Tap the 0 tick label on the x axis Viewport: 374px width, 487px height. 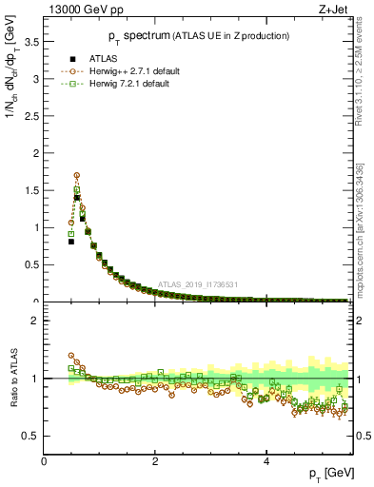pos(44,460)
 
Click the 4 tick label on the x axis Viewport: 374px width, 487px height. pos(266,460)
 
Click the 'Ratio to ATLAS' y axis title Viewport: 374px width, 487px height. pos(12,379)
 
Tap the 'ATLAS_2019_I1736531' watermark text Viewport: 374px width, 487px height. pos(197,283)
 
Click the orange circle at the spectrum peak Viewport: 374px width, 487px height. pos(77,175)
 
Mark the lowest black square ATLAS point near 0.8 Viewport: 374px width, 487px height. pos(71,242)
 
